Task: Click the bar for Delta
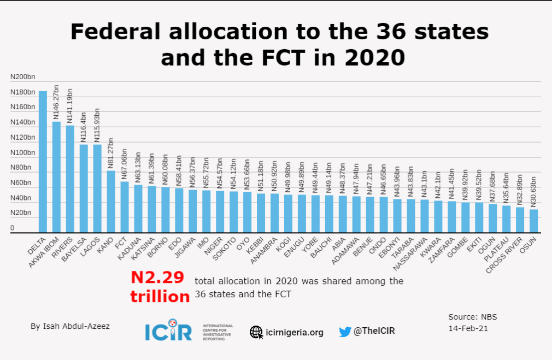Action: [43, 162]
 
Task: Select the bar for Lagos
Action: [97, 188]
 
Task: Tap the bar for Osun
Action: [533, 221]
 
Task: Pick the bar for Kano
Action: [111, 202]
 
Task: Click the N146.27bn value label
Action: [56, 102]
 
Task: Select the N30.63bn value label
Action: [533, 191]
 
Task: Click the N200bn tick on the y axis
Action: [22, 77]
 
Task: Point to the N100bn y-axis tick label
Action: [22, 152]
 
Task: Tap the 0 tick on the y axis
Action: [12, 228]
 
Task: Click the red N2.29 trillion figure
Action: [160, 286]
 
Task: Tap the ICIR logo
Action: [168, 329]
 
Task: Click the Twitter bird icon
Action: [345, 331]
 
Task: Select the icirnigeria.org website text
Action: [294, 332]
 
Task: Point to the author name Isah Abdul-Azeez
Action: [70, 326]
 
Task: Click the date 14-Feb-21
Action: [468, 328]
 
